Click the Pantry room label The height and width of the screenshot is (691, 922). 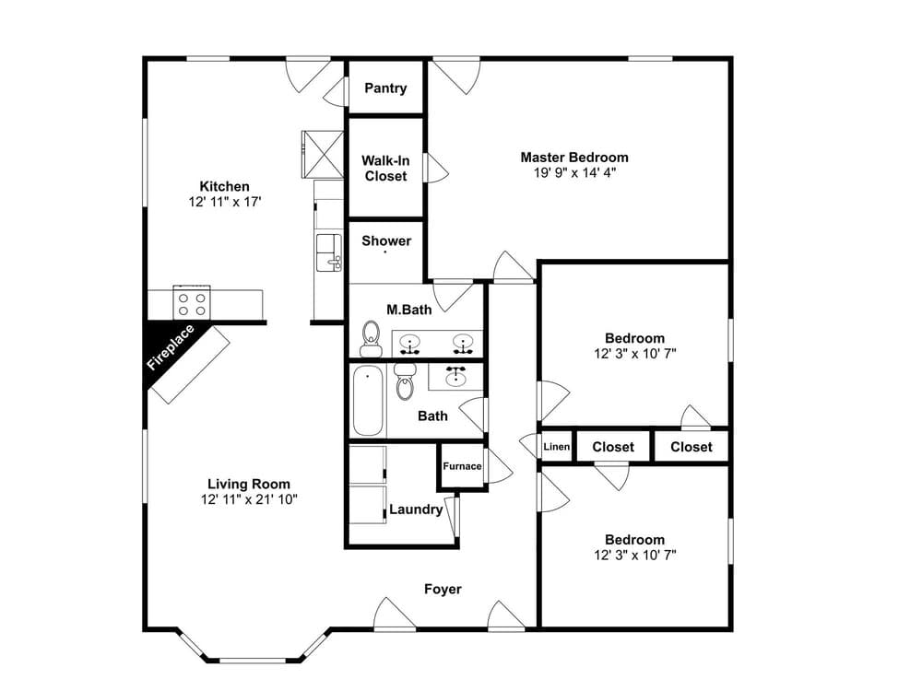point(385,88)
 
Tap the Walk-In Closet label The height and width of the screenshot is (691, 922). point(385,168)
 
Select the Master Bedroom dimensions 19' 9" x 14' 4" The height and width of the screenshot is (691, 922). point(574,172)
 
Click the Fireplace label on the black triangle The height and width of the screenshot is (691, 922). point(171,347)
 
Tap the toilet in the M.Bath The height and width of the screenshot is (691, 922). point(372,339)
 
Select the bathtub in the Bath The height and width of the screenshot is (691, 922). point(367,401)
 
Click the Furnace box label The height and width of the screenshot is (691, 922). point(462,466)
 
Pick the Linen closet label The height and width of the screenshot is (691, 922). point(557,447)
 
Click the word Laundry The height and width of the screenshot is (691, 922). point(416,509)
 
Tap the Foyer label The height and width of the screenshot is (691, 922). point(443,589)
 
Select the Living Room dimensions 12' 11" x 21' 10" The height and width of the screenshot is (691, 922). point(249,499)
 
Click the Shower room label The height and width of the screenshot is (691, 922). point(386,241)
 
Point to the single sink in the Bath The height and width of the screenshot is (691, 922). point(455,376)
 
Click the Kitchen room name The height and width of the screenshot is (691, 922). point(225,186)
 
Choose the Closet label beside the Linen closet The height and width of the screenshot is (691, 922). point(613,447)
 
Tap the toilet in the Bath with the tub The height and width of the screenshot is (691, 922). point(405,382)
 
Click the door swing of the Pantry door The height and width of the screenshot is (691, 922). point(334,89)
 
